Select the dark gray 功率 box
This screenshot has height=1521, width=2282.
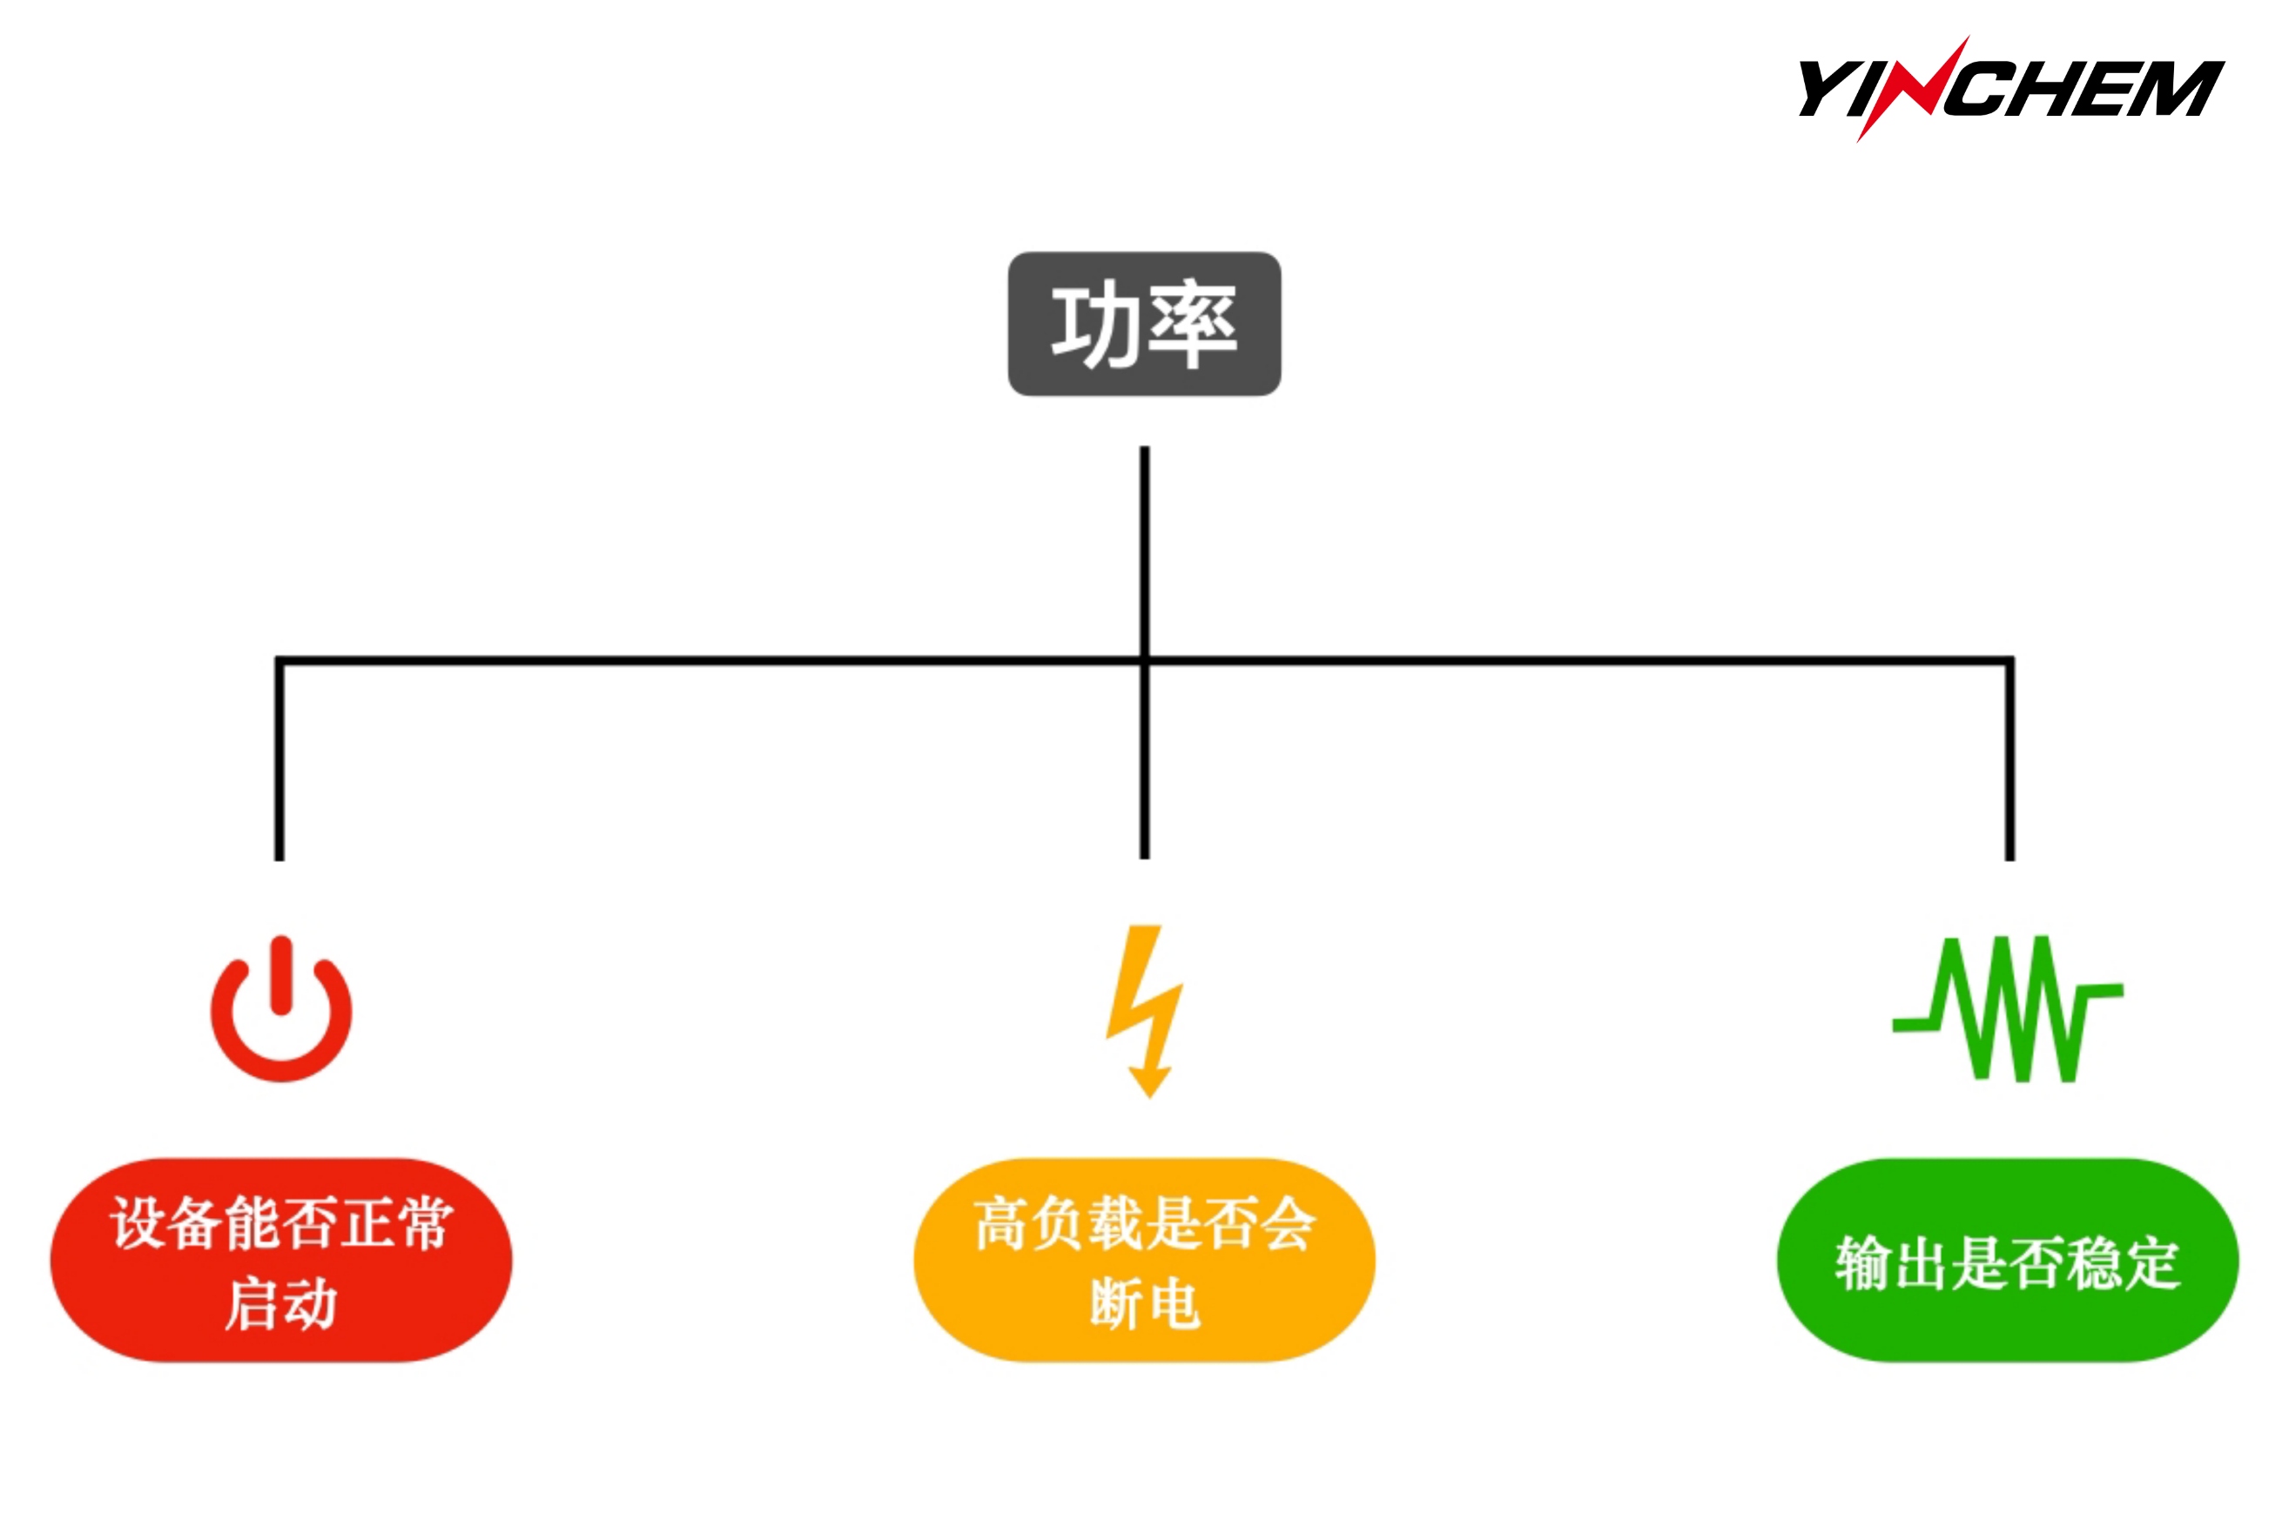pos(1143,323)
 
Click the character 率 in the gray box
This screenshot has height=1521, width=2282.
pos(1192,324)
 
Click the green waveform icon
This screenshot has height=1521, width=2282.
pos(2008,1009)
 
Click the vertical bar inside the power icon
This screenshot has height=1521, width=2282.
pos(282,974)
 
